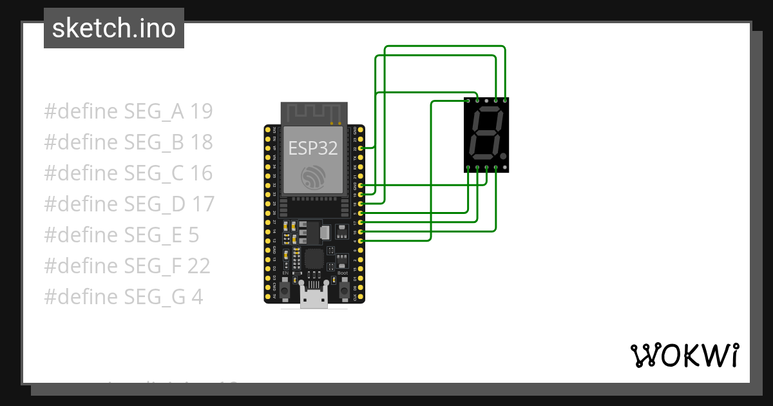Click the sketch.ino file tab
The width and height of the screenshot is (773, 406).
click(x=114, y=28)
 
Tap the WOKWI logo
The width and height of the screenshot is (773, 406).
click(x=684, y=355)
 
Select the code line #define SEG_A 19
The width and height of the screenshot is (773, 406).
click(x=128, y=111)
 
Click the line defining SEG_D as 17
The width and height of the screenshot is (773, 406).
click(x=129, y=204)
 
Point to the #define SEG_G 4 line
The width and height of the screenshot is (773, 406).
click(x=124, y=297)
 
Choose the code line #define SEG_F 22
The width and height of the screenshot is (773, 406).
click(x=127, y=266)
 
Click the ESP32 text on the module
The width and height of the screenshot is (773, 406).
click(x=312, y=148)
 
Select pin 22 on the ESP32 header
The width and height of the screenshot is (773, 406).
click(x=361, y=148)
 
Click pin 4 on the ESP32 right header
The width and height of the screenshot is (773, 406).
click(x=361, y=241)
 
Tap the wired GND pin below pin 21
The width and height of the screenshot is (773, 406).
click(x=361, y=186)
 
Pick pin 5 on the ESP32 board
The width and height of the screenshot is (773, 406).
click(x=361, y=213)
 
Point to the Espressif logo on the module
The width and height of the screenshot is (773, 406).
click(x=313, y=177)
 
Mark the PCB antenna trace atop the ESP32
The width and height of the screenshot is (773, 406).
click(x=313, y=113)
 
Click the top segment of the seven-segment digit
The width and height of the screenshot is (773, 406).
click(x=488, y=111)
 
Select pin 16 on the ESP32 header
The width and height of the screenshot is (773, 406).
click(x=361, y=231)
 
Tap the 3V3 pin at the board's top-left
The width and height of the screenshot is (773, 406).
click(x=267, y=130)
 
